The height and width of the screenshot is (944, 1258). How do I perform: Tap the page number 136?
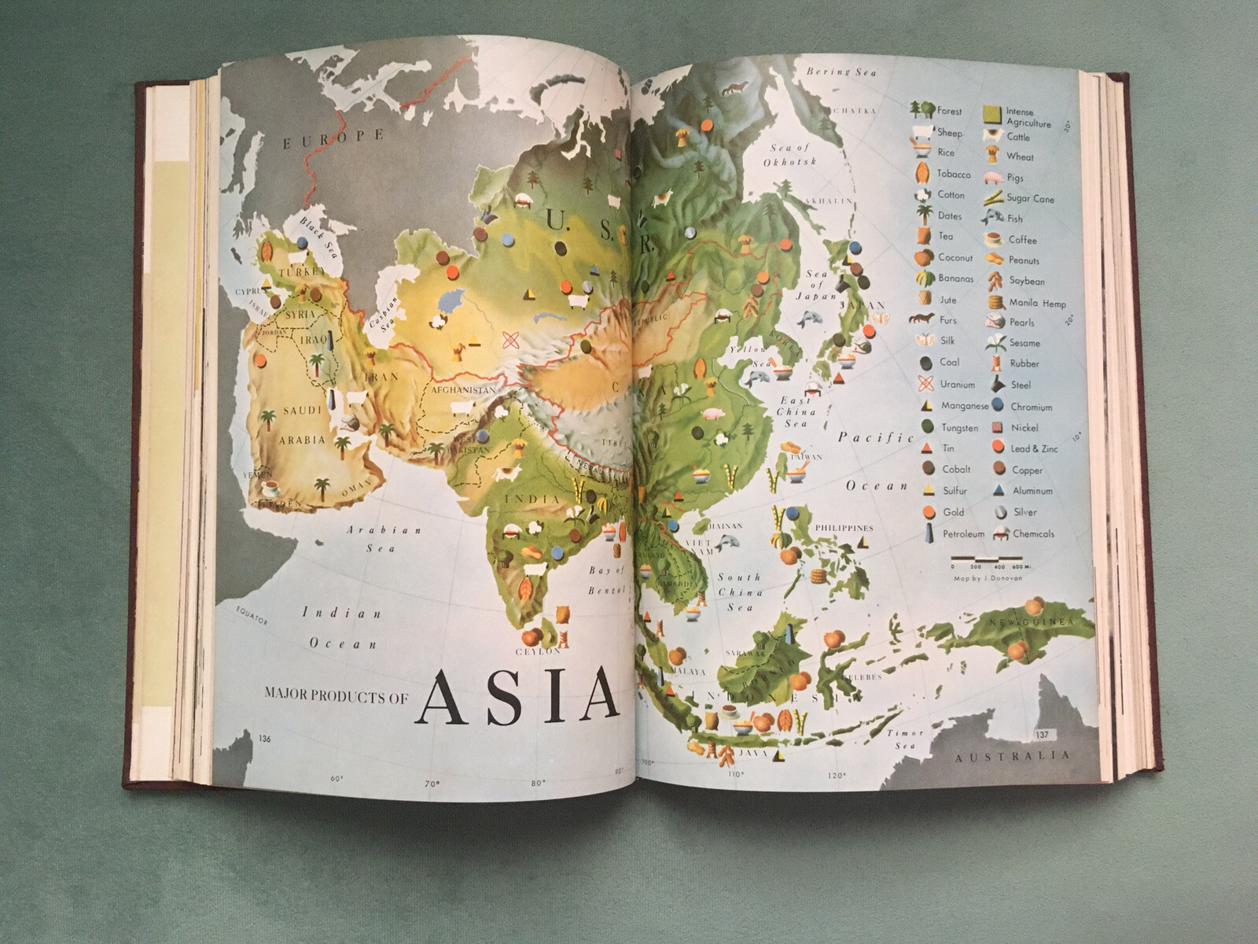[x=264, y=738]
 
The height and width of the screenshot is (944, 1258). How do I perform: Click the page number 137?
[x=1043, y=734]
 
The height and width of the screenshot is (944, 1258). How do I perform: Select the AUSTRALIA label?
[x=1013, y=756]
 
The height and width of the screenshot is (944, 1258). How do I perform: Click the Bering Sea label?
[x=841, y=72]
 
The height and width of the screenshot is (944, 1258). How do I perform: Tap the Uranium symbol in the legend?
[x=926, y=384]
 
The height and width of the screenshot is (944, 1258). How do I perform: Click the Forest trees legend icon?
[x=922, y=110]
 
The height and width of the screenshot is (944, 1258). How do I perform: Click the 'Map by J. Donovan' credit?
[x=988, y=578]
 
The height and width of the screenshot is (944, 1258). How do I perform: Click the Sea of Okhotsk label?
[x=789, y=154]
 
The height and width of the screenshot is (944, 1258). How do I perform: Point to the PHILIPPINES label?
[x=844, y=528]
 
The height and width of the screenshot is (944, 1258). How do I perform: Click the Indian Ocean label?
[x=342, y=628]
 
